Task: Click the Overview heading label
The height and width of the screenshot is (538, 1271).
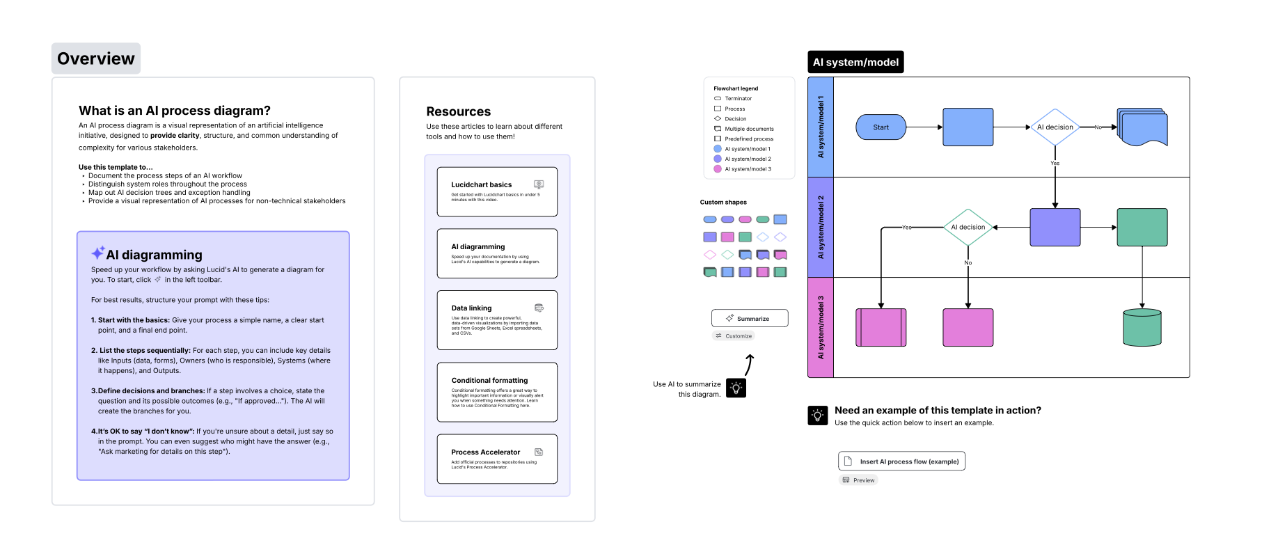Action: (x=96, y=58)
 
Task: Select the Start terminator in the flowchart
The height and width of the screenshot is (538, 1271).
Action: (x=881, y=127)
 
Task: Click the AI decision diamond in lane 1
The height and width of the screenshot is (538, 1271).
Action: (x=1055, y=127)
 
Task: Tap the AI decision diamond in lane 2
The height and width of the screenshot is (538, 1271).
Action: (x=968, y=227)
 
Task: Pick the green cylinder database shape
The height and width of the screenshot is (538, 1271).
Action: (x=1142, y=327)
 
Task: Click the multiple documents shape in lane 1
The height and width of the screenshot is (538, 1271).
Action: (x=1142, y=127)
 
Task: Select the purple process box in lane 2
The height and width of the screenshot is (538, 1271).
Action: (x=1055, y=227)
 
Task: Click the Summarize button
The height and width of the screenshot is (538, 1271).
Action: (x=750, y=318)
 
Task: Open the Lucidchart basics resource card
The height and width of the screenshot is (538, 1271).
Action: (x=497, y=191)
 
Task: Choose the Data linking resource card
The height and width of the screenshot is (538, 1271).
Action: (x=497, y=319)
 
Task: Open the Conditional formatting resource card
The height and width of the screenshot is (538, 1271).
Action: (x=497, y=392)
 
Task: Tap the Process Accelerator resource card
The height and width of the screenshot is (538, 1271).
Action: (x=497, y=459)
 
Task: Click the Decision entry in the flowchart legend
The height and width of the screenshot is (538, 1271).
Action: (x=735, y=119)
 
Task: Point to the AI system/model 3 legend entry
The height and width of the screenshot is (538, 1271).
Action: (x=748, y=169)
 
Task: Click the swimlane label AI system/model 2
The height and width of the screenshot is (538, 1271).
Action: (x=821, y=227)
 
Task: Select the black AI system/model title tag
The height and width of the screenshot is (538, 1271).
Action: (x=855, y=62)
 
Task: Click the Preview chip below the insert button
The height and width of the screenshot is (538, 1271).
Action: (x=859, y=480)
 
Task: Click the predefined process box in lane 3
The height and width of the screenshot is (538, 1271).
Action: (x=881, y=327)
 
